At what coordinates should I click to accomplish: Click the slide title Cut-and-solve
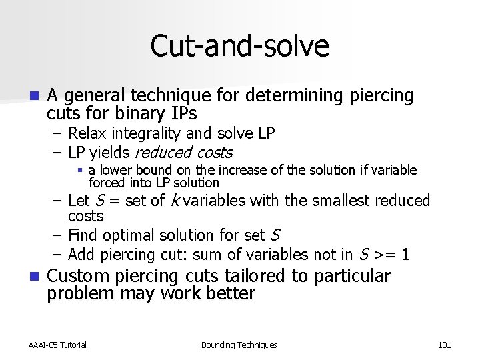[240, 46]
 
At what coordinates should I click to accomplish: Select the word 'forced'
[109, 183]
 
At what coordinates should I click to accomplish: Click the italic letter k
[173, 201]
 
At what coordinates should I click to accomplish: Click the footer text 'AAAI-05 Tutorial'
[58, 345]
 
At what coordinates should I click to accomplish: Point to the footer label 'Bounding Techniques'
[239, 345]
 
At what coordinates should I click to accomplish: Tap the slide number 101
[444, 345]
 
